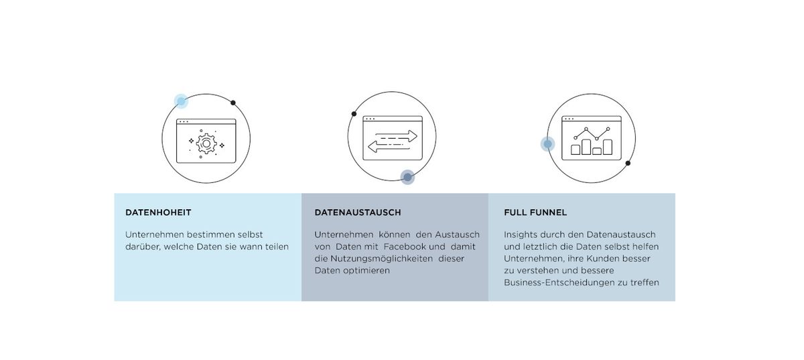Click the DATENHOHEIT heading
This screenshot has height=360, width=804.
click(x=158, y=213)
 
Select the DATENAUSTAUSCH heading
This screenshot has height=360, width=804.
click(x=358, y=213)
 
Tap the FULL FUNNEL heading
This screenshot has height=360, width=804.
click(x=535, y=213)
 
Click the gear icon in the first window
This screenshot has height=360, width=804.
click(x=206, y=143)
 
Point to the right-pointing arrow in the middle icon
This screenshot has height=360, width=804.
click(x=396, y=136)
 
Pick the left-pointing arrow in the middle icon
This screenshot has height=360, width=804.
click(x=389, y=146)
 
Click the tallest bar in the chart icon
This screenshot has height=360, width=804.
click(x=586, y=147)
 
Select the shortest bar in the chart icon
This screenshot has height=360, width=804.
click(x=597, y=152)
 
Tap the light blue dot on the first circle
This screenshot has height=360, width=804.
click(x=182, y=101)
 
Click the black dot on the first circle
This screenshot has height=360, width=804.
click(x=233, y=103)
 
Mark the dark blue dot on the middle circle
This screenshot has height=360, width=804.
click(x=407, y=177)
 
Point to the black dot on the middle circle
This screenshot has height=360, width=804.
click(x=354, y=114)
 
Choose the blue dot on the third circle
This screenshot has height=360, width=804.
click(x=548, y=144)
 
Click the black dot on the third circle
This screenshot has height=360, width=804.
click(x=628, y=163)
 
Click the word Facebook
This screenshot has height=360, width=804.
click(x=404, y=247)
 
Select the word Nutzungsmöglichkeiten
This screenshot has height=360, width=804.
click(x=381, y=259)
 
